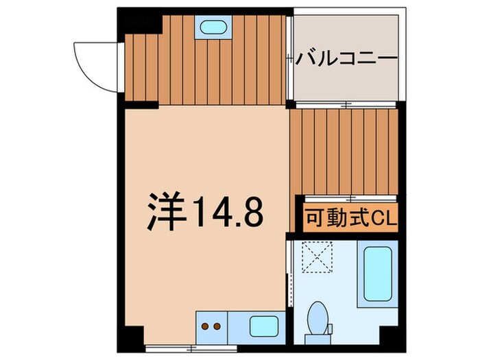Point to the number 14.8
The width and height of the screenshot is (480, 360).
pos(228,212)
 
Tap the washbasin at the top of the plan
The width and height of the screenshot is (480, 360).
pos(214,28)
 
